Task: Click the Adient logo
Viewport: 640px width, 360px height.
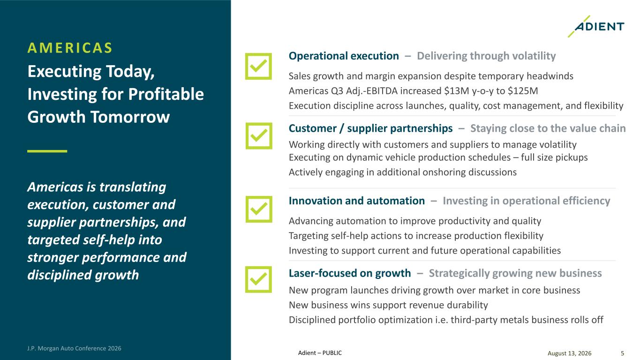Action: pyautogui.click(x=596, y=27)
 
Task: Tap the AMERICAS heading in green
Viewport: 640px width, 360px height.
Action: pyautogui.click(x=70, y=48)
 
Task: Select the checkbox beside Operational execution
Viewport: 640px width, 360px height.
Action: pyautogui.click(x=258, y=66)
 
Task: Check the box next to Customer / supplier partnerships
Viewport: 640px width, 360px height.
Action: pyautogui.click(x=259, y=136)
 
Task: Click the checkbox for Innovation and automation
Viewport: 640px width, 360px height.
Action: pyautogui.click(x=259, y=209)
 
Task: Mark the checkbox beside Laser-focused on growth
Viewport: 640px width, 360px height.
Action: pyautogui.click(x=258, y=279)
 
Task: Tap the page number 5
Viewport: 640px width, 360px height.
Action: pyautogui.click(x=622, y=353)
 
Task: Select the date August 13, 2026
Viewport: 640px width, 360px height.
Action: pyautogui.click(x=569, y=353)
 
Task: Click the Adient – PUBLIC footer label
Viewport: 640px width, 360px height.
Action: pyautogui.click(x=320, y=353)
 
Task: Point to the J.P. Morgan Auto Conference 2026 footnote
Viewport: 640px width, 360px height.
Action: pyautogui.click(x=74, y=348)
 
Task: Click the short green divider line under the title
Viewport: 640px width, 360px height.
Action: pyautogui.click(x=47, y=151)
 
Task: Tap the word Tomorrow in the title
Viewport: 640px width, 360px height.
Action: pyautogui.click(x=130, y=117)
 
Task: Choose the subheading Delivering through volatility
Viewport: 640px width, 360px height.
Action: pyautogui.click(x=486, y=56)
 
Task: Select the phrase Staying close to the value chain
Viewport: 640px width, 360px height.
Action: pyautogui.click(x=548, y=128)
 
